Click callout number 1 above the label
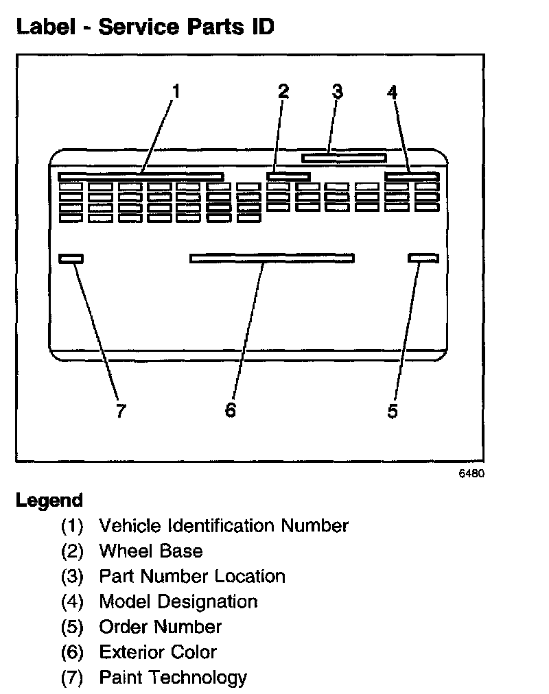tap(176, 91)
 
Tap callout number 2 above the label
tap(283, 91)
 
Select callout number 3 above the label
tap(337, 91)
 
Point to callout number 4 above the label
tap(392, 91)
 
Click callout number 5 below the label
tap(393, 411)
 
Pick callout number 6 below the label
tap(231, 411)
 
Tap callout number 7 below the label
tap(121, 411)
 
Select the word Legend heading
tap(49, 501)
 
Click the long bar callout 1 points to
tap(141, 177)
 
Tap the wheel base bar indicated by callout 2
tap(288, 177)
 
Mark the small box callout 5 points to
tap(423, 258)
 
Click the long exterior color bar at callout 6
tap(272, 258)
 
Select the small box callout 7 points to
tap(71, 258)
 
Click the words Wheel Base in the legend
tap(151, 551)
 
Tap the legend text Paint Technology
tap(173, 678)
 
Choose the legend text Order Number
tap(161, 627)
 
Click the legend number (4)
tap(71, 602)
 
